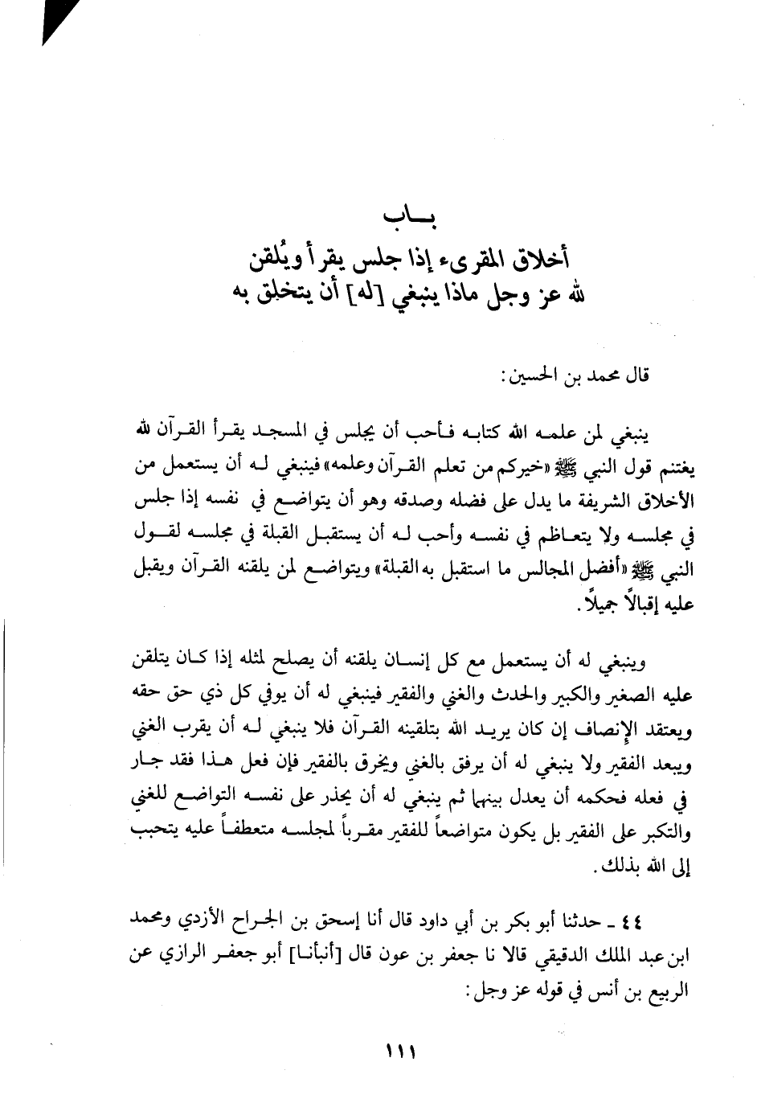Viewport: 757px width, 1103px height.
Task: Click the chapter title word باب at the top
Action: [391, 219]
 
